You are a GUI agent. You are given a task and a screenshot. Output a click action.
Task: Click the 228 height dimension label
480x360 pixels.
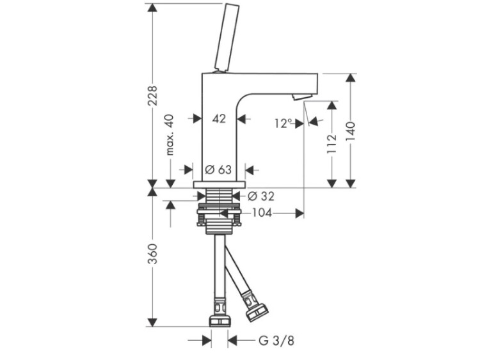tap(152, 97)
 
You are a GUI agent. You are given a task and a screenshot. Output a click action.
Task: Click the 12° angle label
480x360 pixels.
tap(283, 123)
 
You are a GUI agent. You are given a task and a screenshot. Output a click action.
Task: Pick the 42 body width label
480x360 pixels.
tap(219, 118)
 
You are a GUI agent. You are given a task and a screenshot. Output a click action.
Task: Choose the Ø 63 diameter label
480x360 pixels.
tap(218, 170)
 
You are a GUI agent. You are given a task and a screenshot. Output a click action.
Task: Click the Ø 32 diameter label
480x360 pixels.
tap(260, 195)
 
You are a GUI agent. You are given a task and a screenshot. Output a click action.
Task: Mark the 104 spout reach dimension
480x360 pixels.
tap(262, 213)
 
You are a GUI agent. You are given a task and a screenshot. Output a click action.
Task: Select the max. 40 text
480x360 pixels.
tap(170, 135)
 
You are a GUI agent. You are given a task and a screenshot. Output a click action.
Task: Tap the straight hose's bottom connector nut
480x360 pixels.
tap(220, 318)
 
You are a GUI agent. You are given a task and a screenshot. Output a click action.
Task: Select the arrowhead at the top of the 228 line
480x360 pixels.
tap(152, 8)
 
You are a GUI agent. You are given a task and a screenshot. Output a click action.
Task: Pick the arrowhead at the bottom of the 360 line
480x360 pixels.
tap(152, 322)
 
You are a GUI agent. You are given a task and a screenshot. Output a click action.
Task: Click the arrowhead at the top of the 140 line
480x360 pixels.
tap(351, 78)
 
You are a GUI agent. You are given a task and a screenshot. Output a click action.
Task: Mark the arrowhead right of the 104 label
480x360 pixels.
tap(299, 213)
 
